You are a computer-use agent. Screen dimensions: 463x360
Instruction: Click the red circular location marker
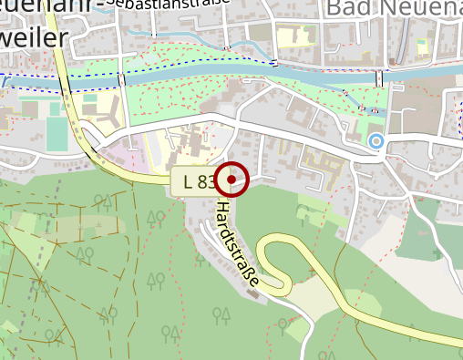coord(234,180)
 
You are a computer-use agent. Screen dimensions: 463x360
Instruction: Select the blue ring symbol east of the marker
coord(376,140)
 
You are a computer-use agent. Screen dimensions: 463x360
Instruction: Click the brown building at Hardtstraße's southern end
coord(253,293)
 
